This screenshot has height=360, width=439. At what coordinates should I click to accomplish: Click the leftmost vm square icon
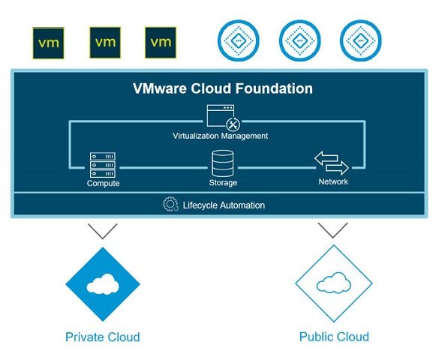click(x=48, y=43)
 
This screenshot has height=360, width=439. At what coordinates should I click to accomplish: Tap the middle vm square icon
click(x=105, y=43)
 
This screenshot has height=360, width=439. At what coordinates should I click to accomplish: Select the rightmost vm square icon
click(x=161, y=43)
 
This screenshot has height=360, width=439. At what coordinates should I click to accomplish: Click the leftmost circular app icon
click(x=239, y=40)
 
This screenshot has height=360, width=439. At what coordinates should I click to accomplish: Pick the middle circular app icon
click(x=300, y=40)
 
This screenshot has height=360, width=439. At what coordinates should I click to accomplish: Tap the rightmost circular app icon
click(x=361, y=40)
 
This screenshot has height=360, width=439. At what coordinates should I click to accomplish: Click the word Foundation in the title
click(x=274, y=88)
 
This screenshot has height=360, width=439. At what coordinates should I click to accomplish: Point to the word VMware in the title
click(x=160, y=88)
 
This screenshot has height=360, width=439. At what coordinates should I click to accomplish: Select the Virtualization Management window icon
click(x=224, y=118)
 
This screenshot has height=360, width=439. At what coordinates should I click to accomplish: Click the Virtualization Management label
click(x=221, y=136)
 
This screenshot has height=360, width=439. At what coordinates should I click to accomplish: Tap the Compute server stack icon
click(x=103, y=165)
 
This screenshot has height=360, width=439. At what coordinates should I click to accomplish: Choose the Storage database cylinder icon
click(x=223, y=163)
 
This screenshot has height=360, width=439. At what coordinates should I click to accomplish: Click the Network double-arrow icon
click(x=332, y=163)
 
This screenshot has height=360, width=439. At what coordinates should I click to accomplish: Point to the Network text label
click(x=333, y=181)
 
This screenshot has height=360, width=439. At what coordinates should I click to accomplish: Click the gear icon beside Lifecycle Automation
click(x=170, y=204)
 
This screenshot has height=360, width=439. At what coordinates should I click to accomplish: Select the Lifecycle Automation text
click(x=224, y=205)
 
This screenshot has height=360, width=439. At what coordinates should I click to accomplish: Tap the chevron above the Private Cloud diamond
click(x=103, y=231)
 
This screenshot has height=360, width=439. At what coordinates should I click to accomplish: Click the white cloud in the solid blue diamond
click(x=103, y=284)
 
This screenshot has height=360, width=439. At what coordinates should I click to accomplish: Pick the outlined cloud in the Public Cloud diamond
click(x=333, y=283)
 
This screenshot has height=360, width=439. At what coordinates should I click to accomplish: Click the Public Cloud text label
click(x=334, y=337)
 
